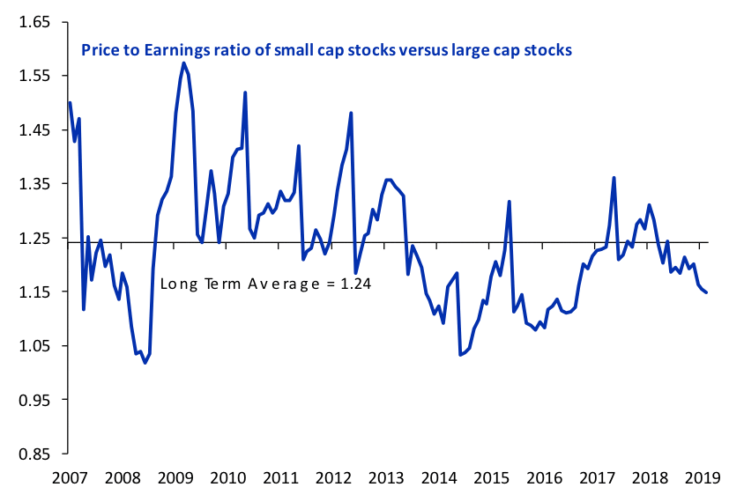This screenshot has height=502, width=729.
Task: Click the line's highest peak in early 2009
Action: [x=183, y=63]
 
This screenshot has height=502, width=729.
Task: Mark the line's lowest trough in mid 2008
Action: [x=145, y=363]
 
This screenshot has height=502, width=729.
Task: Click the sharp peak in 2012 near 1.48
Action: [x=351, y=113]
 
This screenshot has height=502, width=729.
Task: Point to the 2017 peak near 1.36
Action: [x=614, y=178]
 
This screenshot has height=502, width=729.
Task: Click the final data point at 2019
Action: [x=706, y=292]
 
